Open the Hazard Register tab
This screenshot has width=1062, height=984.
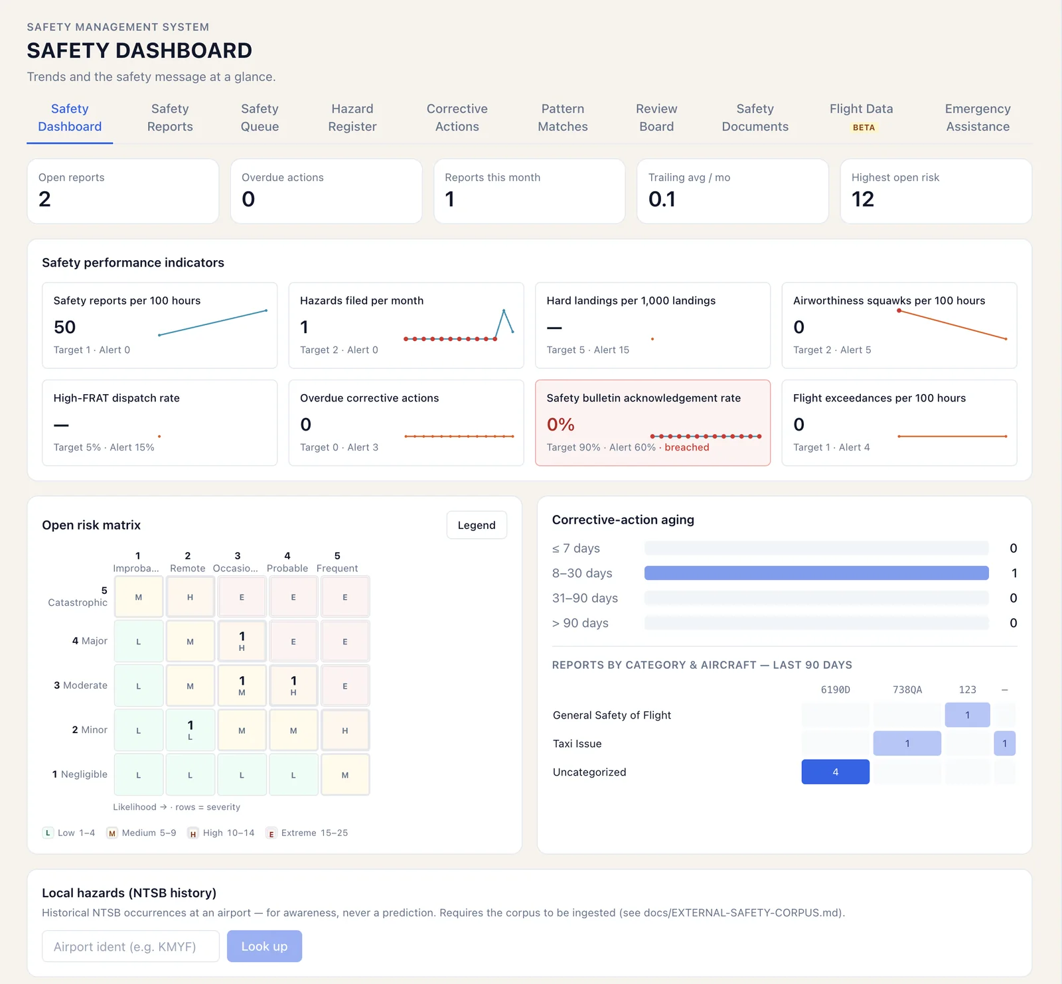click(352, 117)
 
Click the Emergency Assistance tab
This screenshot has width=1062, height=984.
click(978, 117)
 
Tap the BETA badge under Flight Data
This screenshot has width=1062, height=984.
click(864, 127)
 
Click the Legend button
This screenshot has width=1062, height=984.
click(477, 525)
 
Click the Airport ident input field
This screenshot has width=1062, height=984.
click(131, 946)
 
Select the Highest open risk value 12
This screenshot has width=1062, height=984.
click(863, 199)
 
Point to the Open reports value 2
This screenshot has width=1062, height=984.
click(44, 199)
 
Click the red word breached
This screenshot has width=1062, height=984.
click(687, 447)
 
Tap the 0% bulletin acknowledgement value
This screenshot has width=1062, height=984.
click(561, 425)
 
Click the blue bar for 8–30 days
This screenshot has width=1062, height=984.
click(816, 573)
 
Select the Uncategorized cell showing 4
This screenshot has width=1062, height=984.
click(836, 772)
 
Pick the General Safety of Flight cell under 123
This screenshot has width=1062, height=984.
click(968, 715)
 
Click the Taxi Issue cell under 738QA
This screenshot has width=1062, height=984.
click(907, 743)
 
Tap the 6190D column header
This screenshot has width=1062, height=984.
click(836, 689)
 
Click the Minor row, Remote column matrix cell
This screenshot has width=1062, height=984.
click(190, 730)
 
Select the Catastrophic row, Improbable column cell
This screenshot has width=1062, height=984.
click(139, 597)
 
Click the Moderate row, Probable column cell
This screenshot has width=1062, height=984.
click(293, 685)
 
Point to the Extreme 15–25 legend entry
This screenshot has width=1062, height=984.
click(307, 833)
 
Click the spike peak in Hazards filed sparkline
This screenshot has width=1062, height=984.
click(504, 310)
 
